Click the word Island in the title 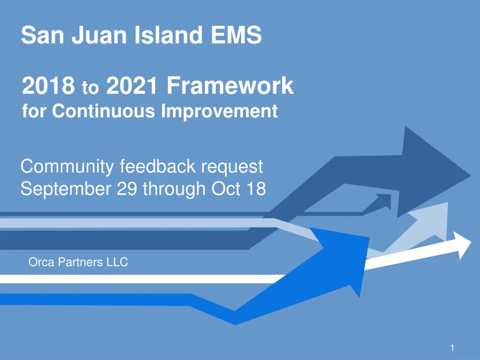(169, 36)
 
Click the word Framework (230, 86)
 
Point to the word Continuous (104, 112)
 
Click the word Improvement (219, 112)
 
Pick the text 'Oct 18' (239, 189)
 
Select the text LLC (117, 262)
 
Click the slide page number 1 (452, 348)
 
